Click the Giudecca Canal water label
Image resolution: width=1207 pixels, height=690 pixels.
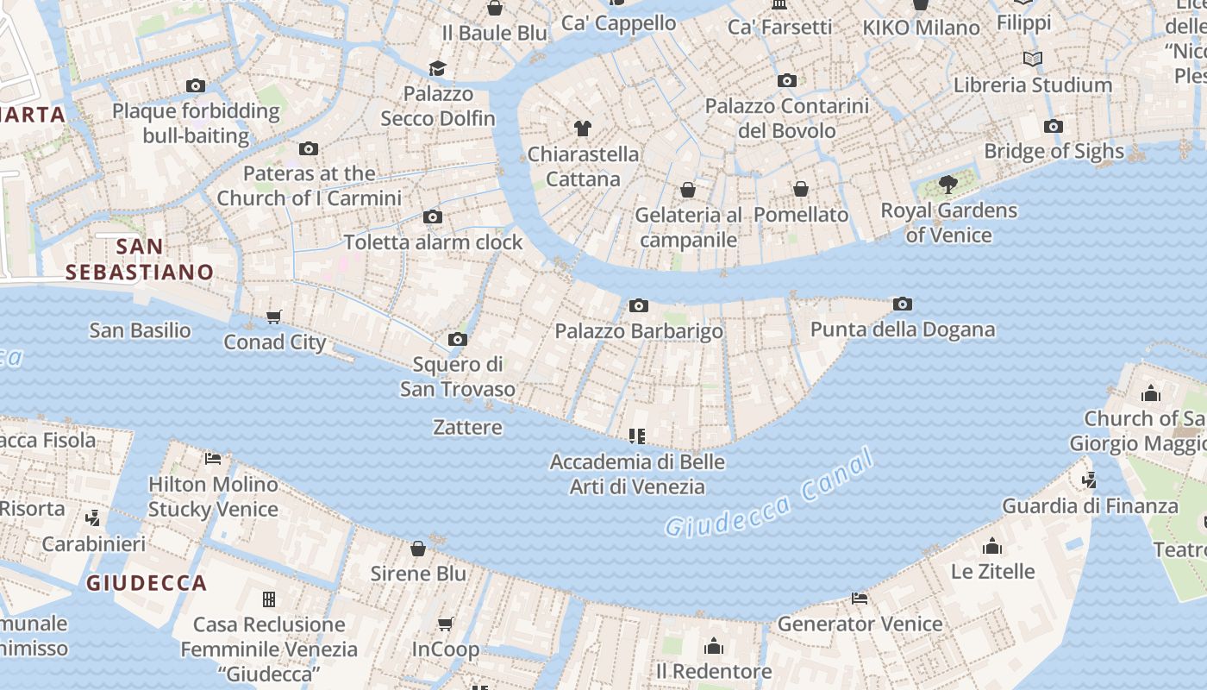(x=769, y=495)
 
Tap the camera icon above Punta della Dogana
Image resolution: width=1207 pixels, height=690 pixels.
(x=903, y=304)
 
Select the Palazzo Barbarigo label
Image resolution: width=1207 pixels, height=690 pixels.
(x=639, y=331)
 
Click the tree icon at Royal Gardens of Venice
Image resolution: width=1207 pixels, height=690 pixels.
(x=948, y=184)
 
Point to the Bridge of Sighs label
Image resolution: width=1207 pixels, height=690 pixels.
(x=1054, y=151)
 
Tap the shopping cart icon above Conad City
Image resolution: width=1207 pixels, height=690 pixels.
(x=274, y=317)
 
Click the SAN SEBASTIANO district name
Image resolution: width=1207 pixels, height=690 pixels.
(x=140, y=259)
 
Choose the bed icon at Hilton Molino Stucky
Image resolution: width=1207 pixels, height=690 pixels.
(x=213, y=458)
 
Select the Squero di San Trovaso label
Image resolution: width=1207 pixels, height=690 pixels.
(x=457, y=377)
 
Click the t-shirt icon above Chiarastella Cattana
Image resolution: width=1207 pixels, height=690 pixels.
(x=583, y=129)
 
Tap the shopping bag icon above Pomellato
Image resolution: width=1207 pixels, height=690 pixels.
(x=801, y=189)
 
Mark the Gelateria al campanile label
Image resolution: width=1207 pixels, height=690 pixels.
(x=688, y=227)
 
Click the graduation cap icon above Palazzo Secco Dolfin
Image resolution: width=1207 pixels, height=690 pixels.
(x=438, y=68)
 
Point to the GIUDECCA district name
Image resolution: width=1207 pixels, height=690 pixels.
(x=147, y=583)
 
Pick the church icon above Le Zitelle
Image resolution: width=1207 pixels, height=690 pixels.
(x=992, y=546)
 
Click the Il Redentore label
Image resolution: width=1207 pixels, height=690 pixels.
(x=714, y=671)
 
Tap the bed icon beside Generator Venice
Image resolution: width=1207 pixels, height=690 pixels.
(x=859, y=598)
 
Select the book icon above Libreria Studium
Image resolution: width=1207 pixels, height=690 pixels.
(x=1032, y=59)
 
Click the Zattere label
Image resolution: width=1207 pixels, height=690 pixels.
(x=467, y=427)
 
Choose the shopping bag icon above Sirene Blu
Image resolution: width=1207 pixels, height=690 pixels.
(x=418, y=549)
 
